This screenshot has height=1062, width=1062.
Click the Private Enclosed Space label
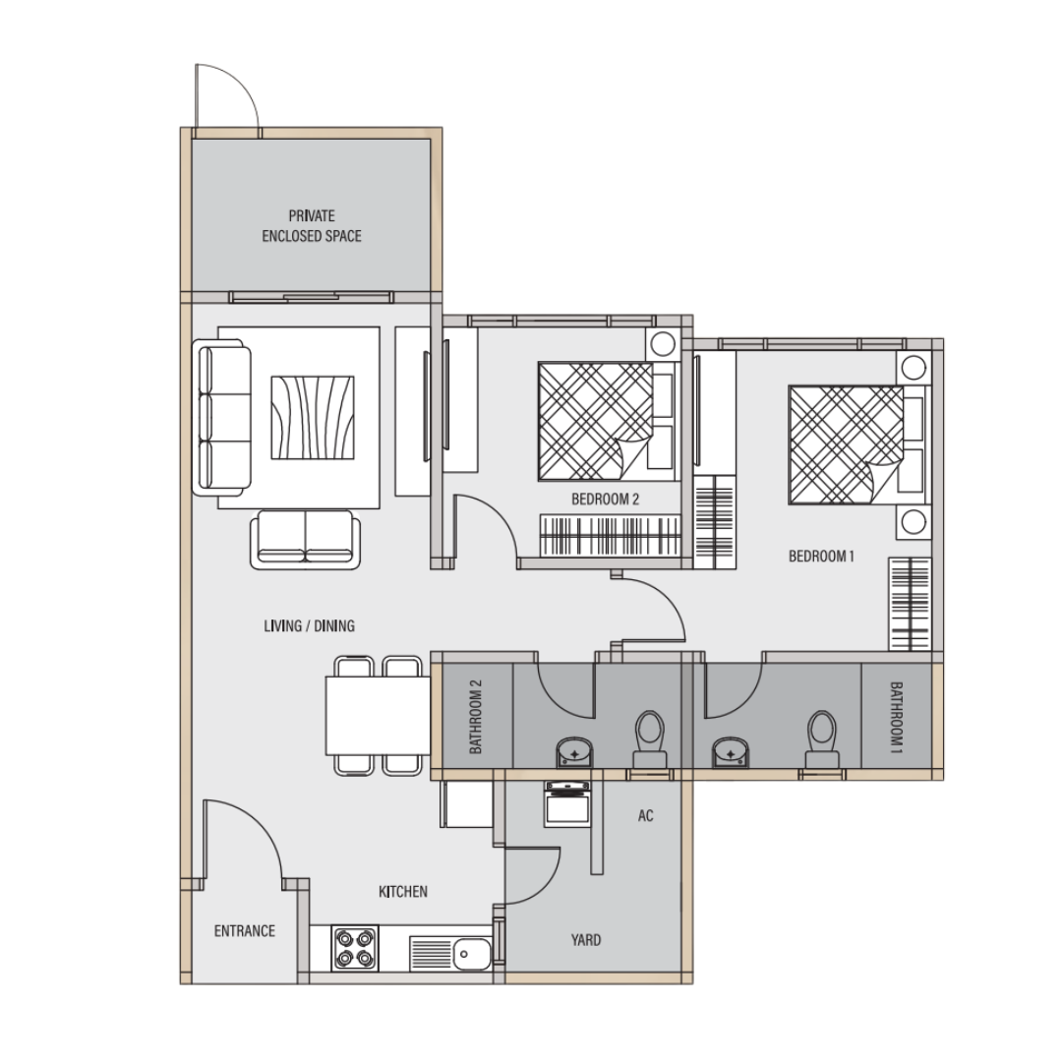coord(312,225)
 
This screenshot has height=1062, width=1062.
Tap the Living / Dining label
coord(309,625)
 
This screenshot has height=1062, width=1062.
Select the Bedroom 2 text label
coord(605,500)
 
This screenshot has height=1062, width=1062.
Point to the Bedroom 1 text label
coord(821,556)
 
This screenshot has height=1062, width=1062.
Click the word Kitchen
coord(403,891)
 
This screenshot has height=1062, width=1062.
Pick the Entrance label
coord(245,930)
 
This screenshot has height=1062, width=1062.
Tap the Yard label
coord(585,939)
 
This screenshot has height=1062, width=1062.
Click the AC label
coord(645,815)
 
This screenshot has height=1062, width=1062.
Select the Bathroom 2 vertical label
coord(476,717)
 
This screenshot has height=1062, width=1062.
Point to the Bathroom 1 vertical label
coord(896,717)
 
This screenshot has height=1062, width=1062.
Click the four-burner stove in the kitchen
coord(355,948)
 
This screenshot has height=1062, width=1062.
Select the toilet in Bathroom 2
coord(650,739)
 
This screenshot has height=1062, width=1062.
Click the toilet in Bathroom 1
coord(822,739)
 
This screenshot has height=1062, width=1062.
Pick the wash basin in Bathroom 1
coord(730,752)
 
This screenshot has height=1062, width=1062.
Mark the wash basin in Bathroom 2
coord(574,752)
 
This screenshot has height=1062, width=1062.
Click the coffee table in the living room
coord(313,418)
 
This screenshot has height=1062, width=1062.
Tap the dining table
coord(378,715)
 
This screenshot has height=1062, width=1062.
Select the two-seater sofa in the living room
coord(306,540)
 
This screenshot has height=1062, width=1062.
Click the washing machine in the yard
coord(567,804)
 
